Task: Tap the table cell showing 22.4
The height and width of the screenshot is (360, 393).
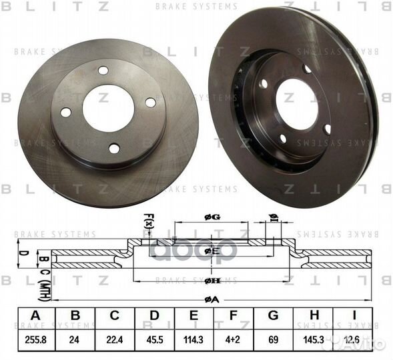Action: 114,339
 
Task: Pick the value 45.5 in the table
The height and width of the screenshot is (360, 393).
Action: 155,339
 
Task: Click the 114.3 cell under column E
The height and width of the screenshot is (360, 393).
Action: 195,339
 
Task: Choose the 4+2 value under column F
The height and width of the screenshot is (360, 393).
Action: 234,339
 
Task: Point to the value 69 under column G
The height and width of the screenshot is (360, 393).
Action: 273,339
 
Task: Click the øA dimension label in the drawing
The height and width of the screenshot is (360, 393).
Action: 212,299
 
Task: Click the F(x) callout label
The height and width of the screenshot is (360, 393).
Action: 148,219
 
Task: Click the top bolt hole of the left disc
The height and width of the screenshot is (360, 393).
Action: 103,71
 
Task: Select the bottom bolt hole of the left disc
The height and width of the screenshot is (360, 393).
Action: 114,148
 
